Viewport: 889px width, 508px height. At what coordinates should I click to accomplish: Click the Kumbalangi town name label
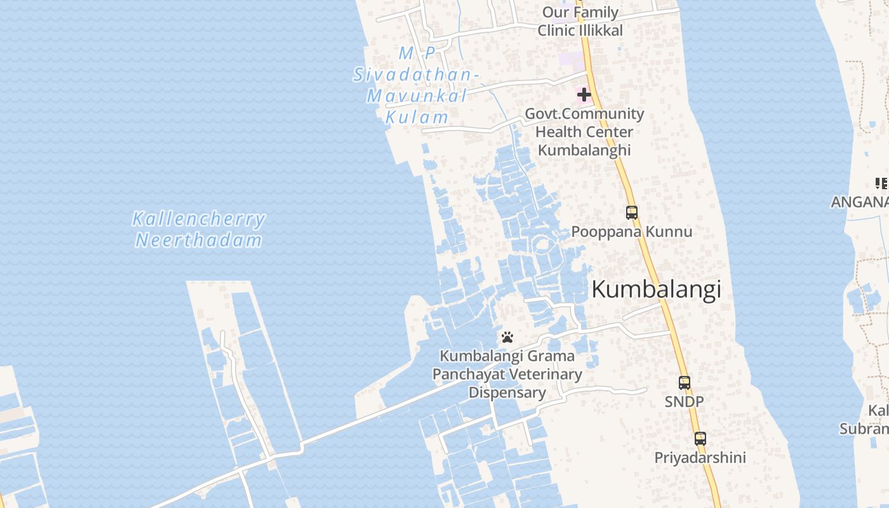pos(656,289)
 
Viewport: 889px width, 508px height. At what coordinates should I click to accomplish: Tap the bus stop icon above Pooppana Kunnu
pos(632,213)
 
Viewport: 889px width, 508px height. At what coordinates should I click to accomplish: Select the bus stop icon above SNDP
pos(685,383)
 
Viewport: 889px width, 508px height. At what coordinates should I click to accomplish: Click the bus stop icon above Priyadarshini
pos(700,439)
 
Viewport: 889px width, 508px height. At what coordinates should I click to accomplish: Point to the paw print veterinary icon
pos(507,337)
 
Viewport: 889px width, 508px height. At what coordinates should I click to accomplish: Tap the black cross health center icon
pos(584,95)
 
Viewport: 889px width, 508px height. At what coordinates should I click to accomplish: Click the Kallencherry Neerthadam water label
pos(199,229)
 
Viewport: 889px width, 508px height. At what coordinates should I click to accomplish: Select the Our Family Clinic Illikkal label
pos(580,21)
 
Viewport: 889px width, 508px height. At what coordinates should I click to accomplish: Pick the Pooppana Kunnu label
pos(632,231)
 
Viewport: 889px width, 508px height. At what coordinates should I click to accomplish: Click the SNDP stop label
pos(684,401)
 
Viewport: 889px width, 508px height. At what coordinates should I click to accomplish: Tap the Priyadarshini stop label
pos(700,457)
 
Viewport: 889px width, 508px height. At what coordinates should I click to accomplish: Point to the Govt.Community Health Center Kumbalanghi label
pos(584,131)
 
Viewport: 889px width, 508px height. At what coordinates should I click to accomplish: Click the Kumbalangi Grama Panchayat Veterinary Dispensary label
pos(507,374)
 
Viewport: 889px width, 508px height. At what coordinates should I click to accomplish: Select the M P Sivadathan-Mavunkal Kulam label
pos(415,85)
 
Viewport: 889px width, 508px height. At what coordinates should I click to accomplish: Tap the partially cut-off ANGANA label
pos(860,201)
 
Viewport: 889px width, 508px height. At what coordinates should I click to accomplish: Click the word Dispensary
pos(507,392)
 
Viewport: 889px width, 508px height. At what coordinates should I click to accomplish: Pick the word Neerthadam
pos(199,240)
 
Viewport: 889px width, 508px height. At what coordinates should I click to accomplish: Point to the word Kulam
pos(417,117)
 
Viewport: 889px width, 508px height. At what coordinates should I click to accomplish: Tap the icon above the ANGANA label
pos(881,184)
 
